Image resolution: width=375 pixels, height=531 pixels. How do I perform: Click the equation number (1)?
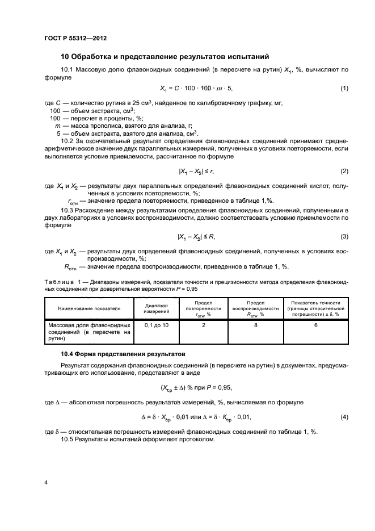[344, 88]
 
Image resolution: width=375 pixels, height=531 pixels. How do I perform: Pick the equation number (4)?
[344, 417]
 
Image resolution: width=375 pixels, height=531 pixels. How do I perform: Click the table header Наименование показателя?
[89, 308]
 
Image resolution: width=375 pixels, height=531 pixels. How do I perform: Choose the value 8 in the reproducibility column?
[255, 324]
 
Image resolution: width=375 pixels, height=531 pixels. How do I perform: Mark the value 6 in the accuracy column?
[315, 324]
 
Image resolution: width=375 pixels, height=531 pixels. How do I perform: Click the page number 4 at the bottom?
[46, 483]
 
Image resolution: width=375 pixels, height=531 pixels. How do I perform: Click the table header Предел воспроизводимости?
[255, 308]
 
